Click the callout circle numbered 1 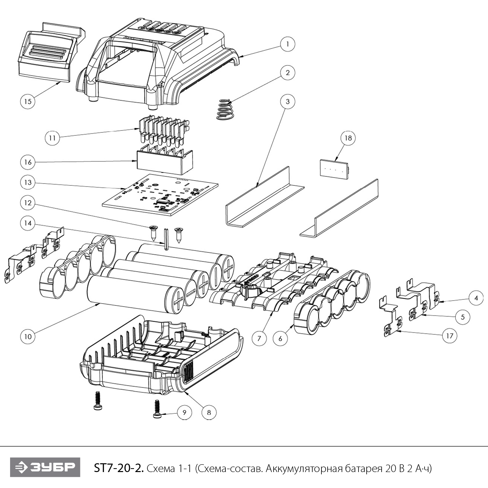287,44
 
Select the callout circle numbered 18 348,138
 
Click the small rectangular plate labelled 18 334,168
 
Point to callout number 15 28,101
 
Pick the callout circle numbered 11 52,138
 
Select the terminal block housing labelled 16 165,161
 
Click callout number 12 28,203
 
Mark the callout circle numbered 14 28,223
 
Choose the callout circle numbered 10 28,336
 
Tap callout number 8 209,413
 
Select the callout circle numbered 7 259,338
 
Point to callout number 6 280,338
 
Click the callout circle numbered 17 449,335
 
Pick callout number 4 476,298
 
